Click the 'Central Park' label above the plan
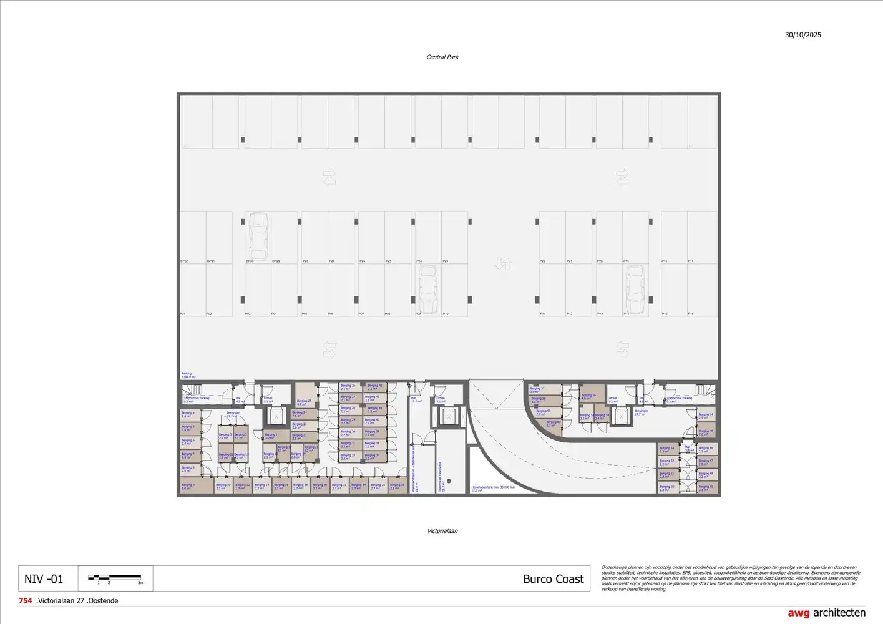coord(442,57)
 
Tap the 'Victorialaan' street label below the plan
coord(442,531)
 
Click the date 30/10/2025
coord(803,35)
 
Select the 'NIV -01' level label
coord(44,579)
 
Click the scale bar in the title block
coord(115,578)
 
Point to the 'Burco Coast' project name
coord(553,579)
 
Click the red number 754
coord(26,601)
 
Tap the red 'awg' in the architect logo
coord(798,613)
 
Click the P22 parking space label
coord(542,261)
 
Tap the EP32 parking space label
coord(184,261)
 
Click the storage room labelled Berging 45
coord(705,432)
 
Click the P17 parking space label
coord(691,261)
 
